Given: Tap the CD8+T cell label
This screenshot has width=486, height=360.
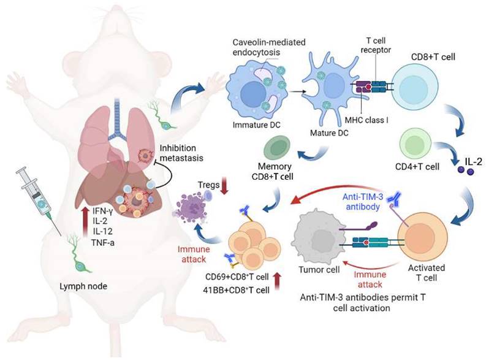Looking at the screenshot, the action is tap(433, 57).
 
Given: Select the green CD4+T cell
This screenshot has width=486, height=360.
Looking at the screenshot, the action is tap(416, 145).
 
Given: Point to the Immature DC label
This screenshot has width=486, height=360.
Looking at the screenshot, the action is tap(256, 125).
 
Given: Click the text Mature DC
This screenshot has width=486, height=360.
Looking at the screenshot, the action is tap(329, 133).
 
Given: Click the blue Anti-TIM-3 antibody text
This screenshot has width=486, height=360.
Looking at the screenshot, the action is tap(363, 202).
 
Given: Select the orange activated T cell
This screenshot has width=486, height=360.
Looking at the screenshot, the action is tap(422, 237).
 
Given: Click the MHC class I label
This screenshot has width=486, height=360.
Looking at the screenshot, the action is tap(366, 120).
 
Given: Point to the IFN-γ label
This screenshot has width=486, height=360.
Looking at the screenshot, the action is tap(102, 212).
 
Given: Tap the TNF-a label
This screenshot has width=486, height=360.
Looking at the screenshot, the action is tap(103, 242).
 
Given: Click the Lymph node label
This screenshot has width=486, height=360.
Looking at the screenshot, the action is tap(83, 286).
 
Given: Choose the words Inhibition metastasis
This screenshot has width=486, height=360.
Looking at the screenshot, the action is tap(181, 153).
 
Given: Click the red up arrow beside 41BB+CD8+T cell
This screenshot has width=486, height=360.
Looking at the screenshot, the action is tap(277, 281).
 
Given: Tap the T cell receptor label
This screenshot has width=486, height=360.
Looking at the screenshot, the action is tap(376, 45).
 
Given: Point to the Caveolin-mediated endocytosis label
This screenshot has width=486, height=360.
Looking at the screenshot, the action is tap(269, 47).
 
